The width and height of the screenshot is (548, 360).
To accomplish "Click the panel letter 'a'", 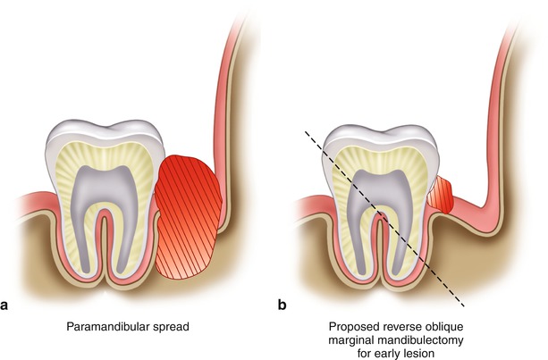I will coord(5,306).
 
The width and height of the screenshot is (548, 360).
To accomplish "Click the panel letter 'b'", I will coord(282,306).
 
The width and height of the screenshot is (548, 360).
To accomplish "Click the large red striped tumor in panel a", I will coord(189,214).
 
